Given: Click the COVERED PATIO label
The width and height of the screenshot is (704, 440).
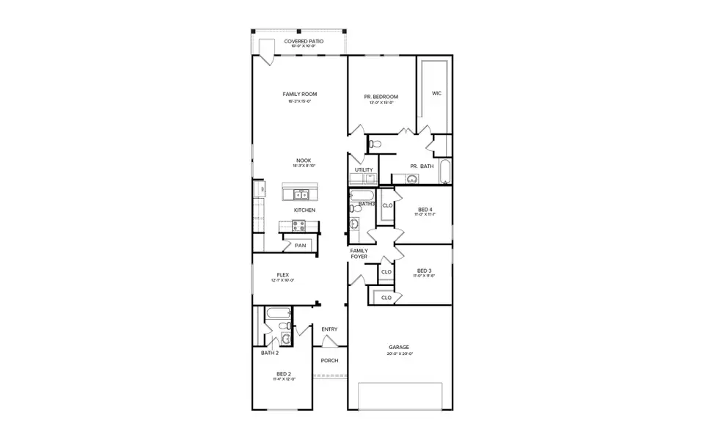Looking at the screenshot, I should pos(299,41).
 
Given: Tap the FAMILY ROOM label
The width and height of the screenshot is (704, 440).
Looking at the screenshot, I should pos(299,94).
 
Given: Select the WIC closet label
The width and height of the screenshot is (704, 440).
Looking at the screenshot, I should pos(436,93).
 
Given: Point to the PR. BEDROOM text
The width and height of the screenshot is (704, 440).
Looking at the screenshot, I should pos(381,97).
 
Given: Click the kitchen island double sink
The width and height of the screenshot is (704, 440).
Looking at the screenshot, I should pos(301,194).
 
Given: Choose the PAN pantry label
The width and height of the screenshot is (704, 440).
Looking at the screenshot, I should pos(301,246).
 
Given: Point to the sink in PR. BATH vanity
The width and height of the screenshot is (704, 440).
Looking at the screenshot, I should pos(411,178).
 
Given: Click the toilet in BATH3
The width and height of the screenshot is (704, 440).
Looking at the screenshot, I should pos(355,208).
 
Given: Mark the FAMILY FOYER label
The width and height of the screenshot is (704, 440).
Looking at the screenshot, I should pos(359,254).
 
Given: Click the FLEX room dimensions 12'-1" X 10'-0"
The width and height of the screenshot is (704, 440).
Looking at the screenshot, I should pos(282,281).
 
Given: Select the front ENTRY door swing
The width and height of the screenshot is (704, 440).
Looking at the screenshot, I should pos(330,342).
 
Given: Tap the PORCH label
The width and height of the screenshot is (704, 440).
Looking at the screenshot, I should pos(329,360).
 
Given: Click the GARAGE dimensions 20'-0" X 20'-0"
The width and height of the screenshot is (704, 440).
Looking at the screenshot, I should pos(400,353).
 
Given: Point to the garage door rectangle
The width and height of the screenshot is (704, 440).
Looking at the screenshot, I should pos(400,396).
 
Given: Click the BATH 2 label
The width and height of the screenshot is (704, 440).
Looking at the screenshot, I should pos(270,353).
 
